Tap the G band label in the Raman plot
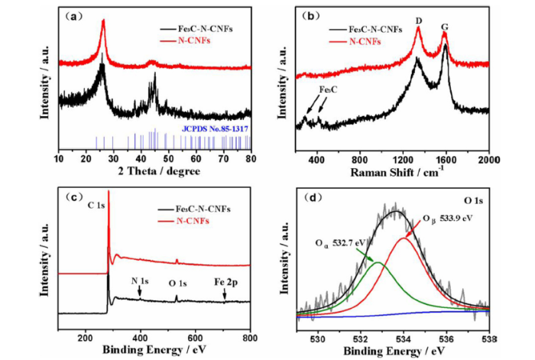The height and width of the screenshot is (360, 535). [x=444, y=25]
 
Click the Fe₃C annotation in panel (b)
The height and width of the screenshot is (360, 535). [x=329, y=89]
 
